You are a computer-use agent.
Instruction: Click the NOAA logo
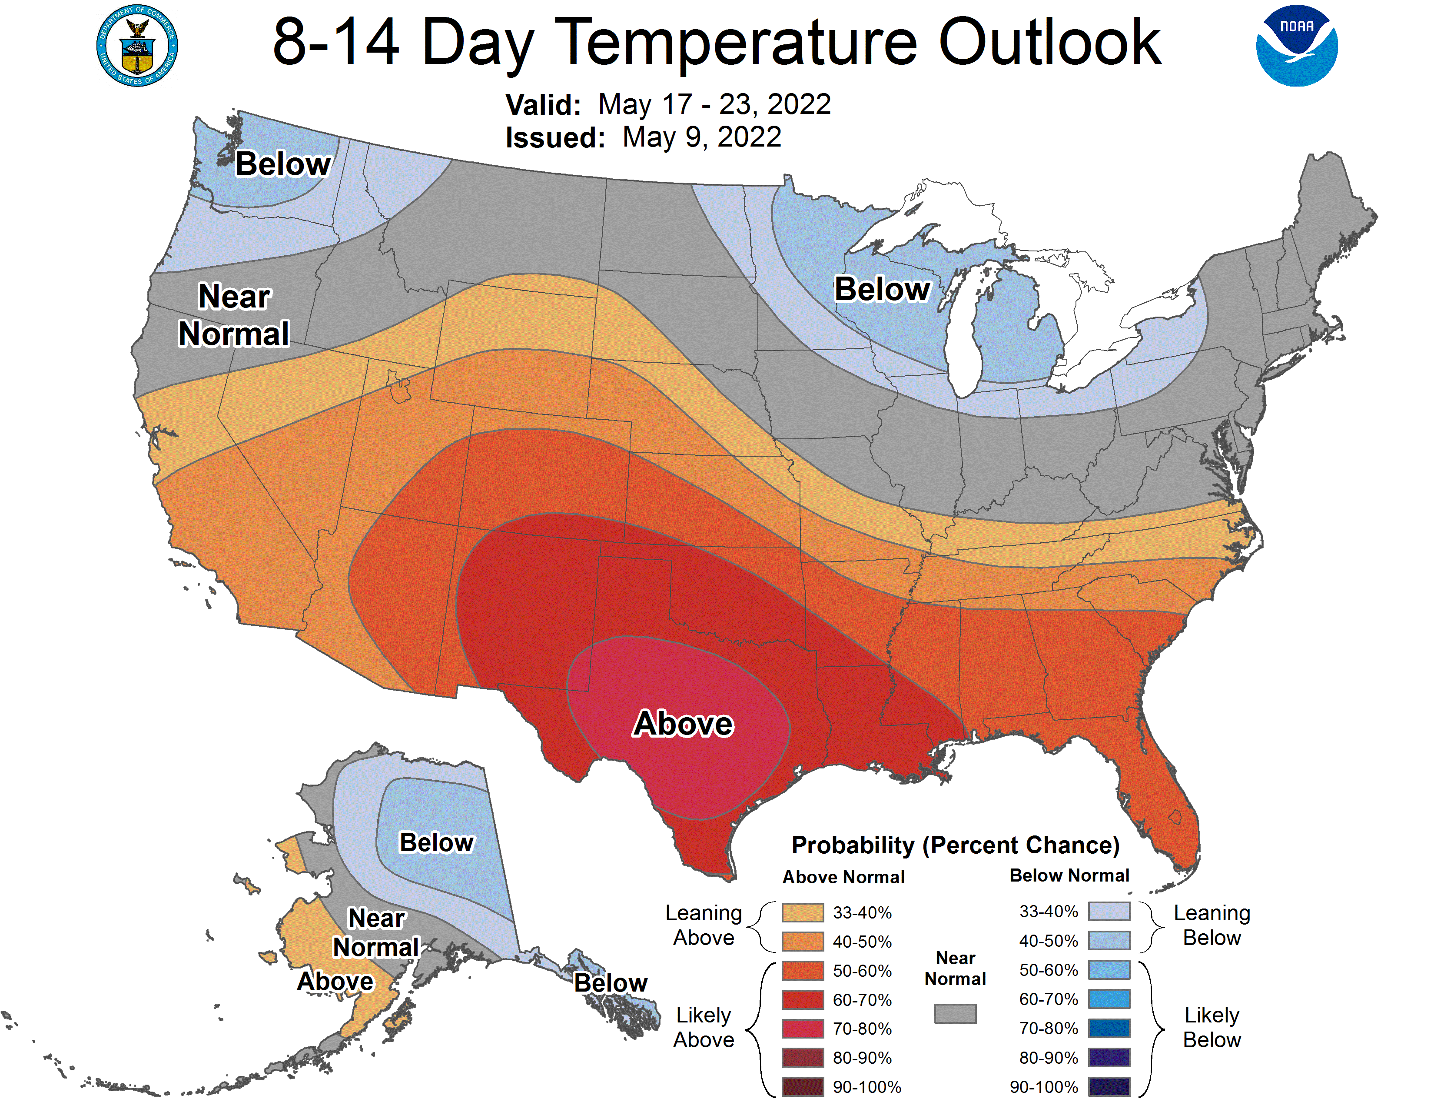click(x=1296, y=46)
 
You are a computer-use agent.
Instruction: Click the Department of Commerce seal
click(x=137, y=46)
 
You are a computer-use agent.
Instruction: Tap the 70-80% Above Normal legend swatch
click(x=802, y=1029)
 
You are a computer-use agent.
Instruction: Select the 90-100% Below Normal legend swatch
click(x=1109, y=1087)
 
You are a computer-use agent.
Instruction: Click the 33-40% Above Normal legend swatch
click(x=802, y=912)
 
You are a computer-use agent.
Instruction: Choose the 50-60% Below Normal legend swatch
click(x=1109, y=970)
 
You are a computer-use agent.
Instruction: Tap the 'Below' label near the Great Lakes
click(x=882, y=289)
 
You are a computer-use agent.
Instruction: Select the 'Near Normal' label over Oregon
click(x=234, y=315)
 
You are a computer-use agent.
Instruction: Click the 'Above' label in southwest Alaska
click(x=335, y=981)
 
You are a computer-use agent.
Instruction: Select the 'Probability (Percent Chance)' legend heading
click(x=955, y=845)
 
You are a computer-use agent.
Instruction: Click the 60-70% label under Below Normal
click(x=1049, y=999)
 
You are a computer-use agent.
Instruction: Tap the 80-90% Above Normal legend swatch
click(x=802, y=1058)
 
